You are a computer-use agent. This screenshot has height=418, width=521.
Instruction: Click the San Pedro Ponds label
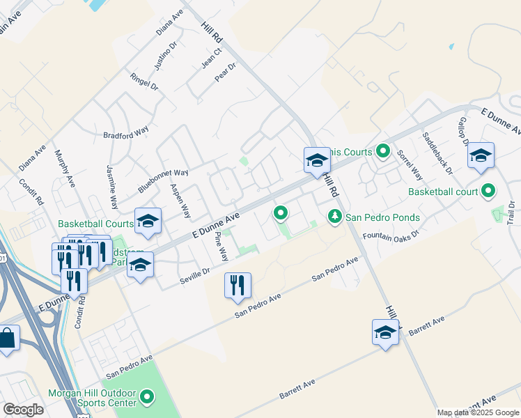383,217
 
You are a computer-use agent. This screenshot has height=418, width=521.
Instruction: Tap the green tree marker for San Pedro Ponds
335,217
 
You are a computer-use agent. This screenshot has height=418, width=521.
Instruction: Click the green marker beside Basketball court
488,190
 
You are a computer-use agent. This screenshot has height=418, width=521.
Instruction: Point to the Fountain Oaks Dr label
390,235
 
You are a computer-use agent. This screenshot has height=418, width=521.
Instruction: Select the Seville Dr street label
196,272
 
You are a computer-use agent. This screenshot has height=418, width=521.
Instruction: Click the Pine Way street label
221,247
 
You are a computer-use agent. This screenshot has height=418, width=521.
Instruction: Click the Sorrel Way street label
410,164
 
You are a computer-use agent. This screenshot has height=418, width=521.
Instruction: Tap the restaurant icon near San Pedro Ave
238,285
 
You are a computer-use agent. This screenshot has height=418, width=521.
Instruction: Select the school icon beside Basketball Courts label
147,221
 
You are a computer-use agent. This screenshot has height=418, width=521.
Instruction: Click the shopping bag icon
8,340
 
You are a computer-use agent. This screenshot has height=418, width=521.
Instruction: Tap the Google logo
23,410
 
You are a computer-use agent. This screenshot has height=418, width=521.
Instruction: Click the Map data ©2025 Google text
478,412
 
